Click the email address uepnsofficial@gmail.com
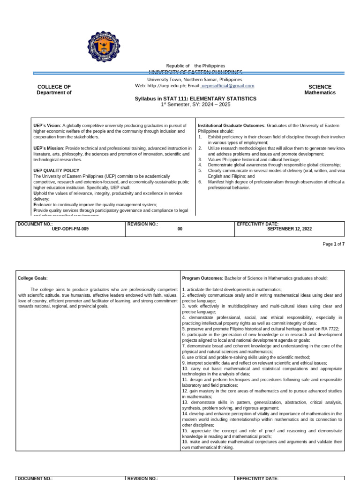(x=227, y=86)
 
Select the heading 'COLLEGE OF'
(x=54, y=87)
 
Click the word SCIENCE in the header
(x=320, y=87)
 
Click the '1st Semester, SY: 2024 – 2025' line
(x=195, y=105)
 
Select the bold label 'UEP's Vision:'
(x=47, y=126)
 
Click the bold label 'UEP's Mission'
(x=48, y=148)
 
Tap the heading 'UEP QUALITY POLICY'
(x=56, y=171)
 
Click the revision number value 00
(x=180, y=229)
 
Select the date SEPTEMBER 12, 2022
(x=289, y=229)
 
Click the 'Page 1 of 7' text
(x=333, y=244)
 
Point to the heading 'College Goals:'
(x=32, y=278)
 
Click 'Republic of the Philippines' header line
(x=195, y=66)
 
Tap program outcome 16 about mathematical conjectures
(x=262, y=444)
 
